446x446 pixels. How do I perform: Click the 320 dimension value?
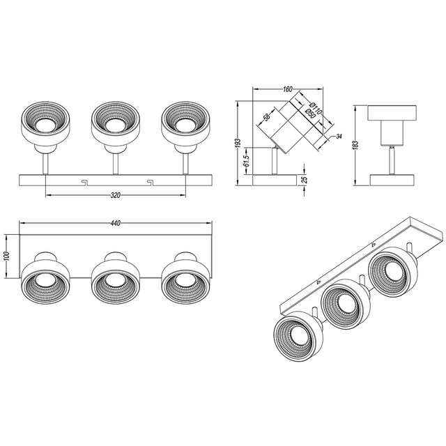[x=116, y=195]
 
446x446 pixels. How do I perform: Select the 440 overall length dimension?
[x=116, y=223]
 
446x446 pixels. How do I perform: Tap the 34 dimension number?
[x=337, y=136]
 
